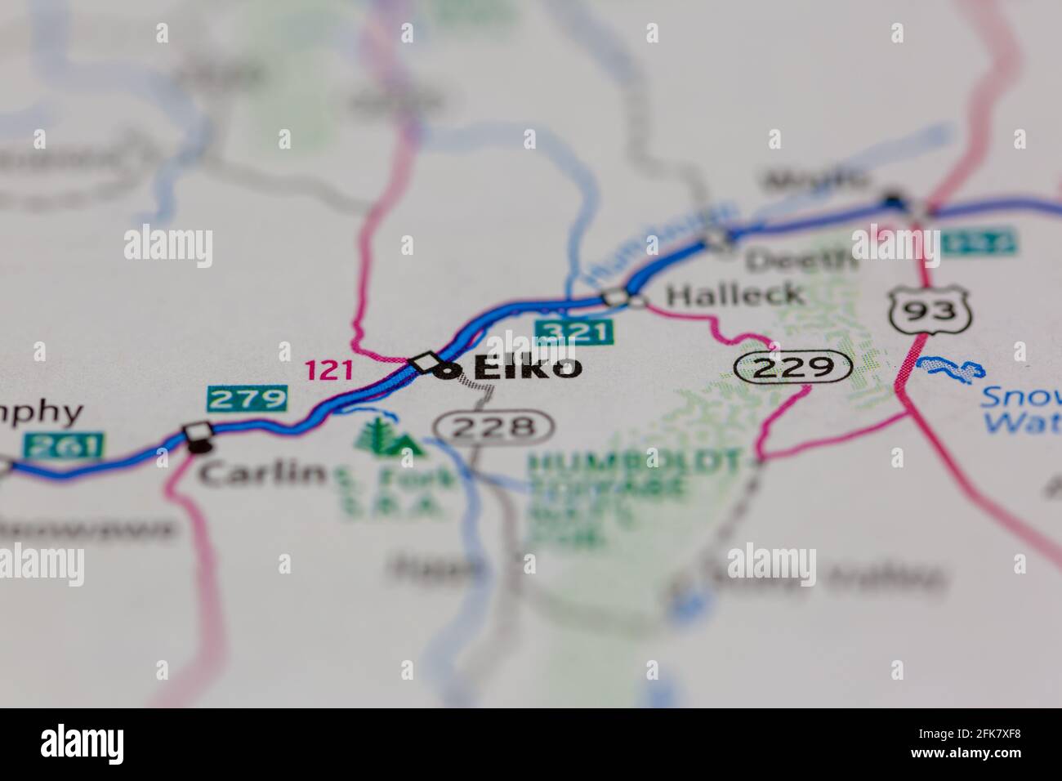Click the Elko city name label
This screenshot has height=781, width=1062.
click(529, 368)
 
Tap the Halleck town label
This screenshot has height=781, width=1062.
click(734, 294)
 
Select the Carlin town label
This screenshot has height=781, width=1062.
click(262, 473)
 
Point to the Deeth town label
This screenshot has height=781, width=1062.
click(801, 260)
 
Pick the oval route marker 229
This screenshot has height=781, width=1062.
click(793, 367)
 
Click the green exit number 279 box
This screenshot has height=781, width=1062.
click(247, 399)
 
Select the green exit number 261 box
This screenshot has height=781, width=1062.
click(64, 445)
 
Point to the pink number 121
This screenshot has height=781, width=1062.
click(329, 371)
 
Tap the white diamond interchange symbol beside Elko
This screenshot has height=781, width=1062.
click(426, 361)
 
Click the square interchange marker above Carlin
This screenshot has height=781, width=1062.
click(197, 431)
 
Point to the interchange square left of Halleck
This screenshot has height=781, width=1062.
click(614, 298)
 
